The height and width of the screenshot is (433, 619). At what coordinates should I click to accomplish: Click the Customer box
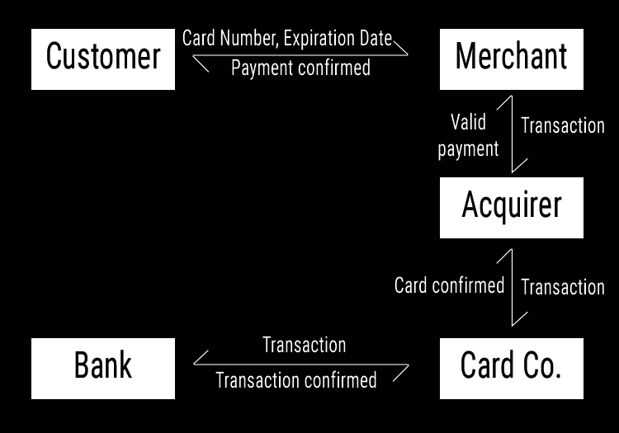pyautogui.click(x=103, y=59)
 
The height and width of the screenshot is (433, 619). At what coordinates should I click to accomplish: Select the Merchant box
pyautogui.click(x=511, y=59)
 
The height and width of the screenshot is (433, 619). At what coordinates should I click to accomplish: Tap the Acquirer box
pyautogui.click(x=511, y=207)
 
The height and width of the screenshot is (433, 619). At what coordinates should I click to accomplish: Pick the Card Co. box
pyautogui.click(x=511, y=368)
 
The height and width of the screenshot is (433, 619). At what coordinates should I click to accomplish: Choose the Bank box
pyautogui.click(x=103, y=368)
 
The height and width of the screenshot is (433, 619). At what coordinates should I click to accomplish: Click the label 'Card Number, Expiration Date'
pyautogui.click(x=286, y=39)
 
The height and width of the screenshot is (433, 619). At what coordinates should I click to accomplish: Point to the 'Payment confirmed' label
pyautogui.click(x=300, y=68)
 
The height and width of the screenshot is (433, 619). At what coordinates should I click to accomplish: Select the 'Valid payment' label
pyautogui.click(x=468, y=135)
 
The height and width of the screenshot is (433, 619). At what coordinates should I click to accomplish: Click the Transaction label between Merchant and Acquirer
pyautogui.click(x=563, y=125)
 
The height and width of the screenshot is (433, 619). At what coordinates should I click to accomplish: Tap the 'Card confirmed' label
pyautogui.click(x=449, y=285)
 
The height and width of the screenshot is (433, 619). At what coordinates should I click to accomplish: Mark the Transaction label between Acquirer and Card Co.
pyautogui.click(x=563, y=287)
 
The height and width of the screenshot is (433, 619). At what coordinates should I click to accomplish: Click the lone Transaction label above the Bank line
pyautogui.click(x=304, y=345)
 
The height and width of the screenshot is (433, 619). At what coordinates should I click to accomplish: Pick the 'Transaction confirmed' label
pyautogui.click(x=295, y=380)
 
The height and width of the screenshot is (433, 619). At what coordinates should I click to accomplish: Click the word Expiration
pyautogui.click(x=319, y=39)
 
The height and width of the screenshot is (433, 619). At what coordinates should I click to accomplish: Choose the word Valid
pyautogui.click(x=468, y=123)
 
